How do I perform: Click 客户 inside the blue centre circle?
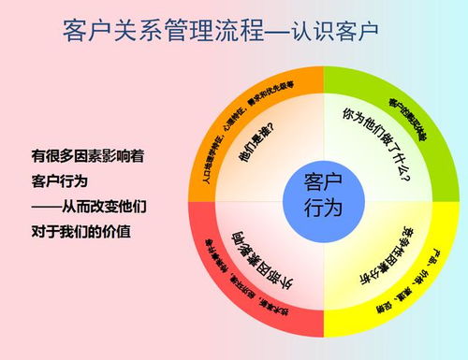pos(324,181)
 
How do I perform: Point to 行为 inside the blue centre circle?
pos(324,207)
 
